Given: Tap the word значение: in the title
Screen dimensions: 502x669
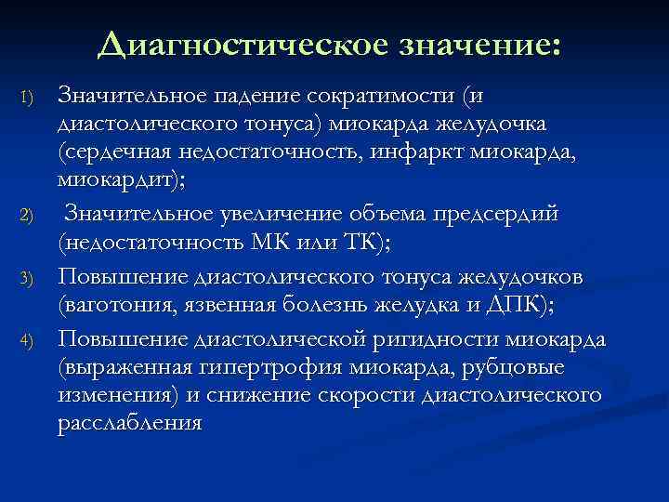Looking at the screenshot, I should [x=481, y=43].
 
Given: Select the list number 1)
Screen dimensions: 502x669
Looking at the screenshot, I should [x=27, y=97].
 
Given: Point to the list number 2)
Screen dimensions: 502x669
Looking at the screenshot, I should [x=27, y=217].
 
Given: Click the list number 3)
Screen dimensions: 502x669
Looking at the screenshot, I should [x=27, y=278].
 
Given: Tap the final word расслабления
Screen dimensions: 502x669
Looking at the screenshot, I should [x=129, y=419].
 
